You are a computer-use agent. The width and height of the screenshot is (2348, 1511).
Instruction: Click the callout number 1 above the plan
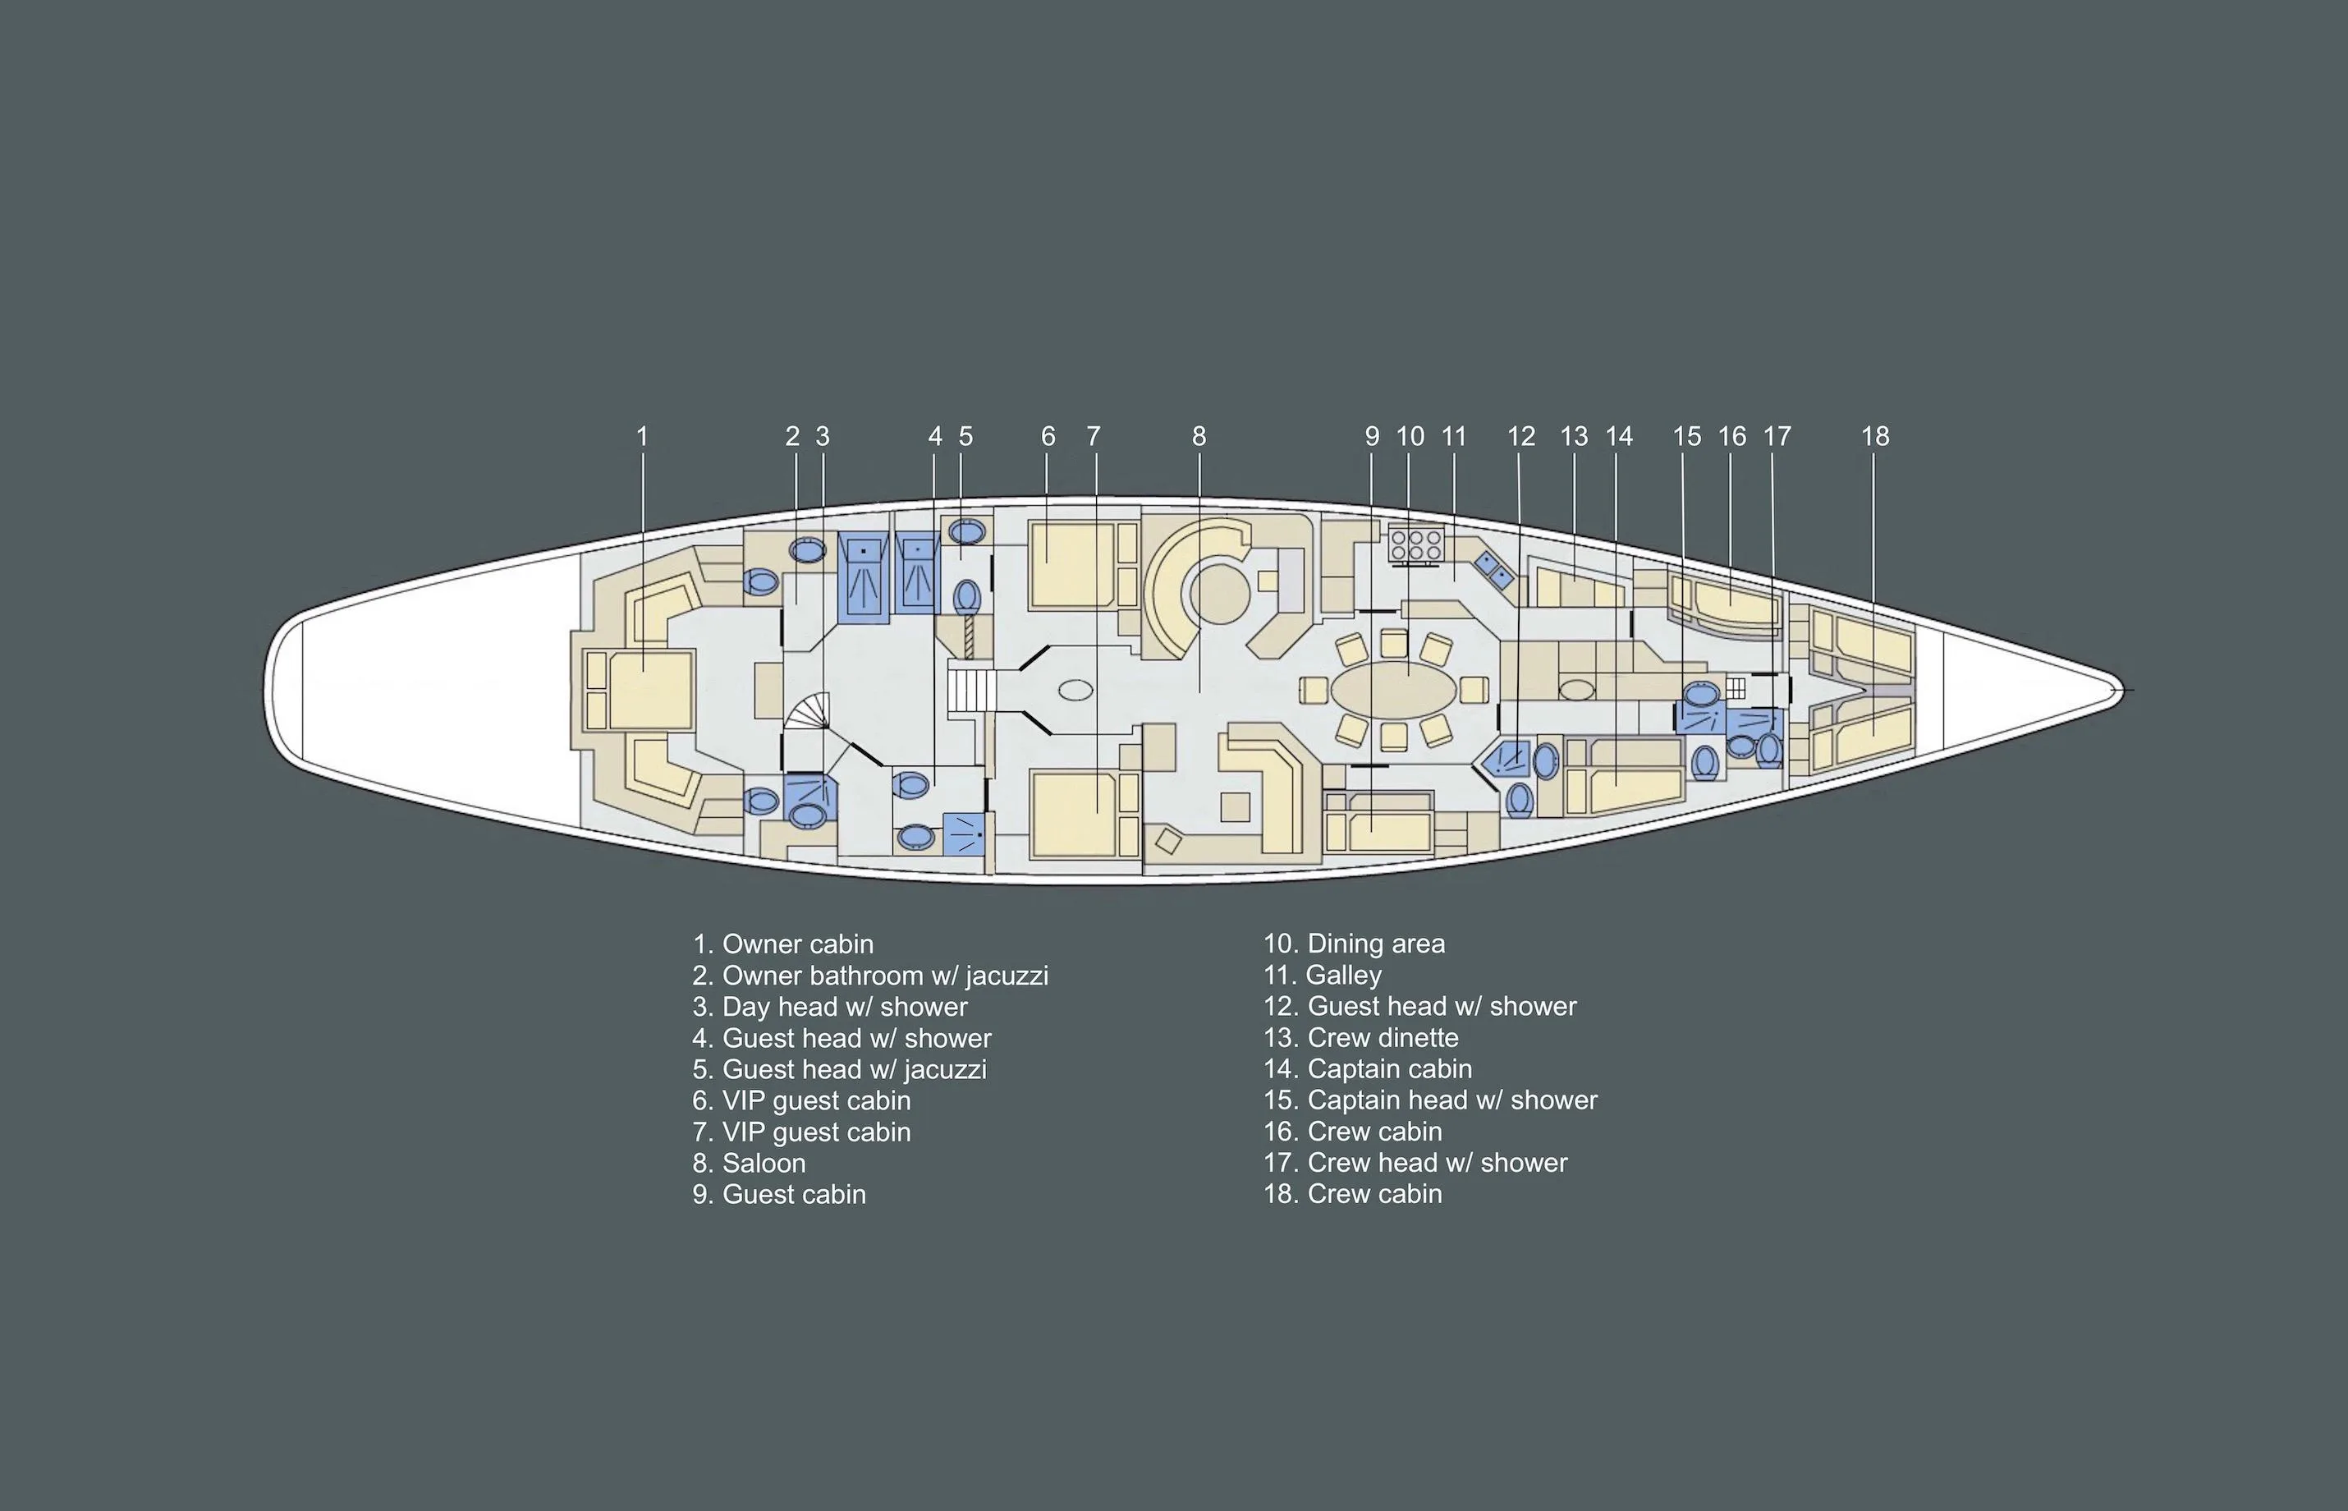(x=642, y=437)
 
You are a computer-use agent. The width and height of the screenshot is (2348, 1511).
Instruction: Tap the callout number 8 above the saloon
(x=1199, y=437)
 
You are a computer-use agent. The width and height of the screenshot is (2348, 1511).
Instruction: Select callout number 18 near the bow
(x=1874, y=437)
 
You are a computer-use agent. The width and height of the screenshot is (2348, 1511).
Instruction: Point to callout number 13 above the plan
(x=1573, y=437)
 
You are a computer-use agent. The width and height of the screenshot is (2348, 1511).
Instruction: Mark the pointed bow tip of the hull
(x=2121, y=690)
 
